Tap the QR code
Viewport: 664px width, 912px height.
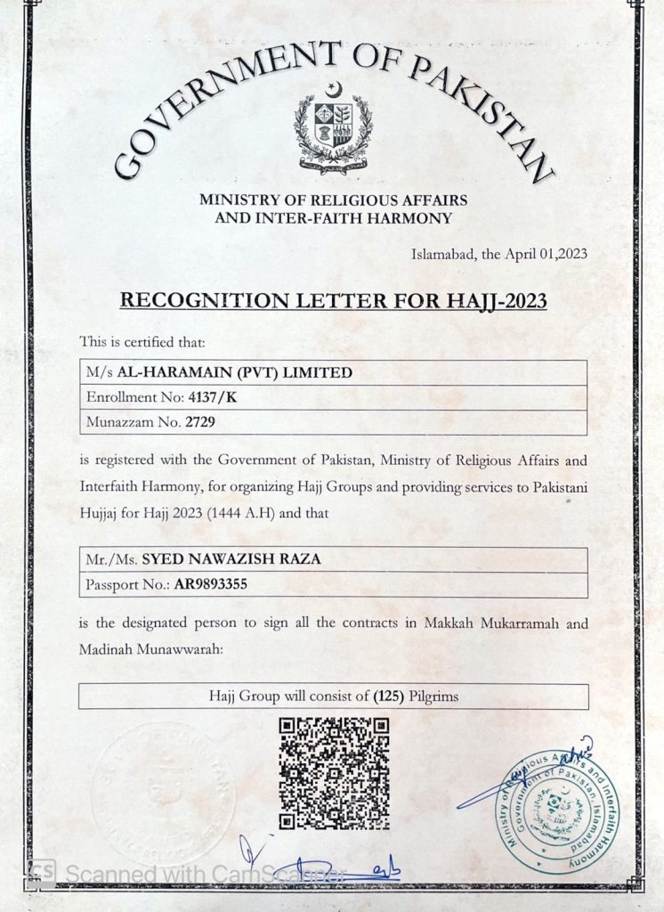pyautogui.click(x=334, y=773)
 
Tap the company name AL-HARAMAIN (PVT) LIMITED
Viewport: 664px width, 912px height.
pyautogui.click(x=234, y=372)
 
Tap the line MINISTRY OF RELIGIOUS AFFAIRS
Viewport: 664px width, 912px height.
pyautogui.click(x=334, y=200)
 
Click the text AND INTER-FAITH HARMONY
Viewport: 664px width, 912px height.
pyautogui.click(x=334, y=217)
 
